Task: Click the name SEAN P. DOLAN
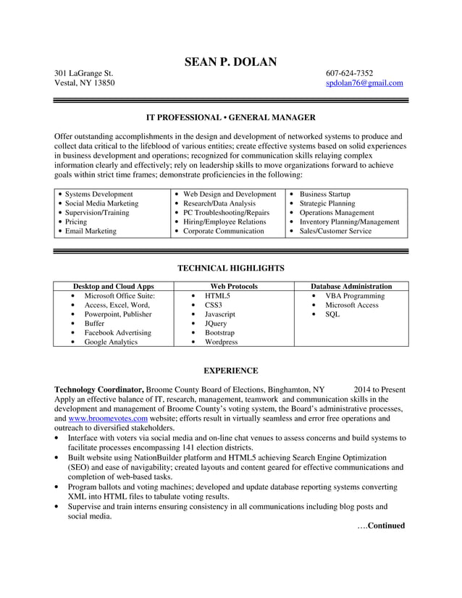[230, 62]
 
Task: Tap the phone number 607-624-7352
[350, 73]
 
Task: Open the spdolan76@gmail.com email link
[364, 83]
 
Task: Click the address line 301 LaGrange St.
[84, 73]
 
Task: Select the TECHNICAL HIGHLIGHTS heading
[230, 269]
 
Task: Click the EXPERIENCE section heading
[230, 371]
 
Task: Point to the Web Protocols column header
[233, 287]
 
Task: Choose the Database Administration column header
[351, 287]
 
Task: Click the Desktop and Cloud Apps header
[114, 287]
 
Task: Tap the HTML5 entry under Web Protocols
[217, 296]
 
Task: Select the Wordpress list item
[221, 342]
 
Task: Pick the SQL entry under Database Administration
[332, 315]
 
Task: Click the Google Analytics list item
[111, 342]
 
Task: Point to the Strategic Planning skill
[327, 203]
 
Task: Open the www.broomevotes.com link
[108, 418]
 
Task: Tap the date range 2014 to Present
[379, 389]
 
